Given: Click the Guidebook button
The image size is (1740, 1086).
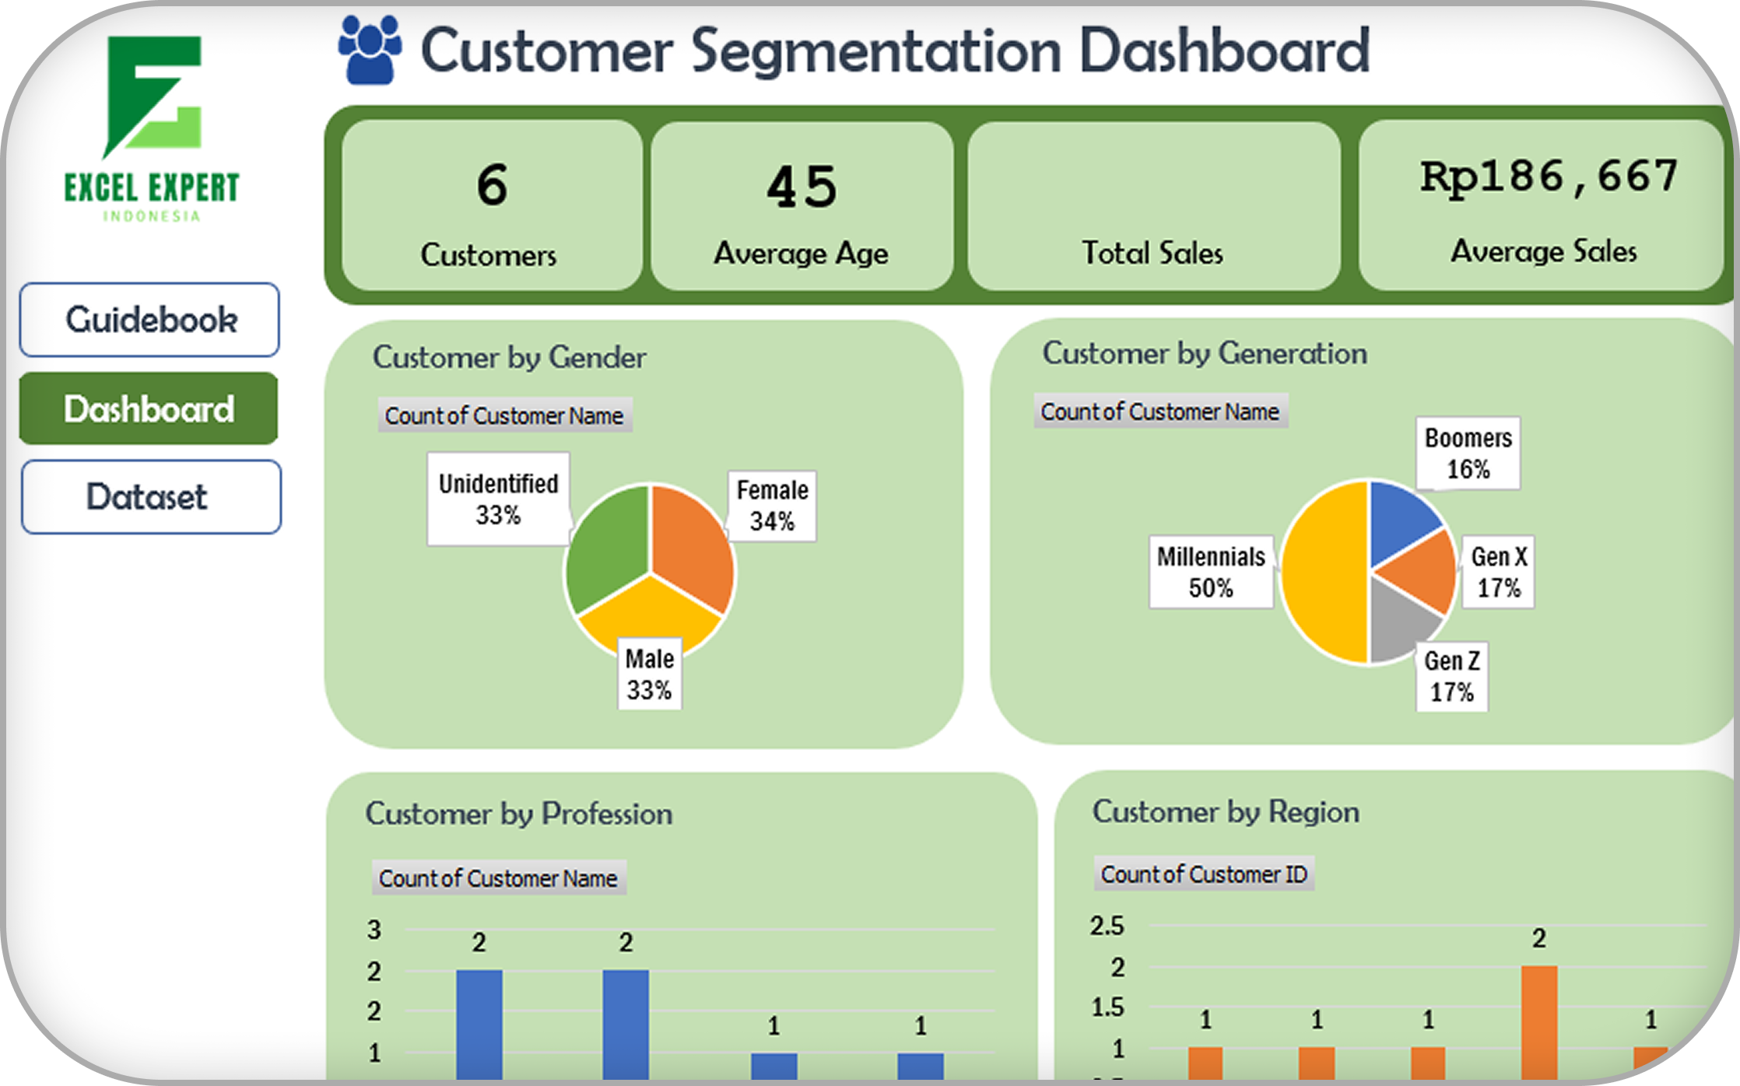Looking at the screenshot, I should tap(149, 320).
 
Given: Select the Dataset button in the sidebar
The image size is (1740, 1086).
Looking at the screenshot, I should tap(150, 497).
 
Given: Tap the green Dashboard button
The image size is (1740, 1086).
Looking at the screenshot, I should tap(149, 408).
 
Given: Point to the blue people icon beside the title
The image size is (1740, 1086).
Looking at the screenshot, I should tap(370, 50).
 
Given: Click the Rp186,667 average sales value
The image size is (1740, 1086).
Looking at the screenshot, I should tap(1548, 177).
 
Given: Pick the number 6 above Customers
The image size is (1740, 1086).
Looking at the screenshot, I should tap(492, 185).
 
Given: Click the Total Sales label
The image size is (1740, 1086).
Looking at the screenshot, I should tap(1152, 253).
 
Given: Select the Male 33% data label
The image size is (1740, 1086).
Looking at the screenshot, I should tap(650, 674).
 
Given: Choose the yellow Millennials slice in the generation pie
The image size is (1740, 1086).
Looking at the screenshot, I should tap(1323, 572).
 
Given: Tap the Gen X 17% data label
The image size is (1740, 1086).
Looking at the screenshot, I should tap(1499, 572).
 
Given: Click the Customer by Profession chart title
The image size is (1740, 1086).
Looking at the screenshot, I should tap(519, 814).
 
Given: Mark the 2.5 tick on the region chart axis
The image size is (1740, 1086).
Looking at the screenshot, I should tap(1107, 926).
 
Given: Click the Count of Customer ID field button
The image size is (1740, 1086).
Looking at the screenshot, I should tap(1204, 874).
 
